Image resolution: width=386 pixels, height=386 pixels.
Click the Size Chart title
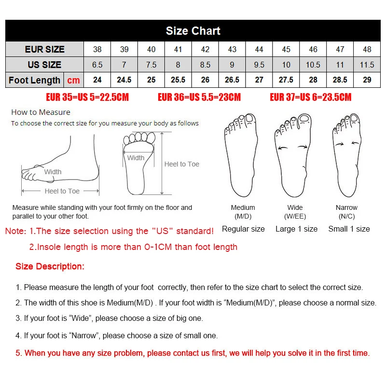pyautogui.click(x=193, y=31)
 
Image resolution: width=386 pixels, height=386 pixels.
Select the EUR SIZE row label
pyautogui.click(x=44, y=49)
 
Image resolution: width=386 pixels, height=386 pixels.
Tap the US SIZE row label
pyautogui.click(x=44, y=65)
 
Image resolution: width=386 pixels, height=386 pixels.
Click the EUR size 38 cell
pyautogui.click(x=97, y=49)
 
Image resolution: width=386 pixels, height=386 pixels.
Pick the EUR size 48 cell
pyautogui.click(x=367, y=49)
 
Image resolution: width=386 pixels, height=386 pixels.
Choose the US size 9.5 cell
pyautogui.click(x=259, y=65)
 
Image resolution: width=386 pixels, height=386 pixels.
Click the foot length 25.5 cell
pyautogui.click(x=178, y=80)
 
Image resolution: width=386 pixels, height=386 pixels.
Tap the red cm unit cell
pyautogui.click(x=73, y=80)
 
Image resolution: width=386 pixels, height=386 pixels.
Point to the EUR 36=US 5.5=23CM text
pyautogui.click(x=199, y=97)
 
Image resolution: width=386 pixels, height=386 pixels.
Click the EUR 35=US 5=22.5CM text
pyautogui.click(x=87, y=97)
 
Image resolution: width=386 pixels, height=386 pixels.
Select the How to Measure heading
pyautogui.click(x=41, y=112)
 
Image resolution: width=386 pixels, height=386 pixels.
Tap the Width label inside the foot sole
pyautogui.click(x=136, y=158)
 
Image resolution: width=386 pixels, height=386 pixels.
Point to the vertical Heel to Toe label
pyautogui.click(x=181, y=164)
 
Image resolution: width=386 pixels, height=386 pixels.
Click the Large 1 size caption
pyautogui.click(x=296, y=229)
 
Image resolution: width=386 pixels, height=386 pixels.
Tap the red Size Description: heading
pyautogui.click(x=50, y=266)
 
